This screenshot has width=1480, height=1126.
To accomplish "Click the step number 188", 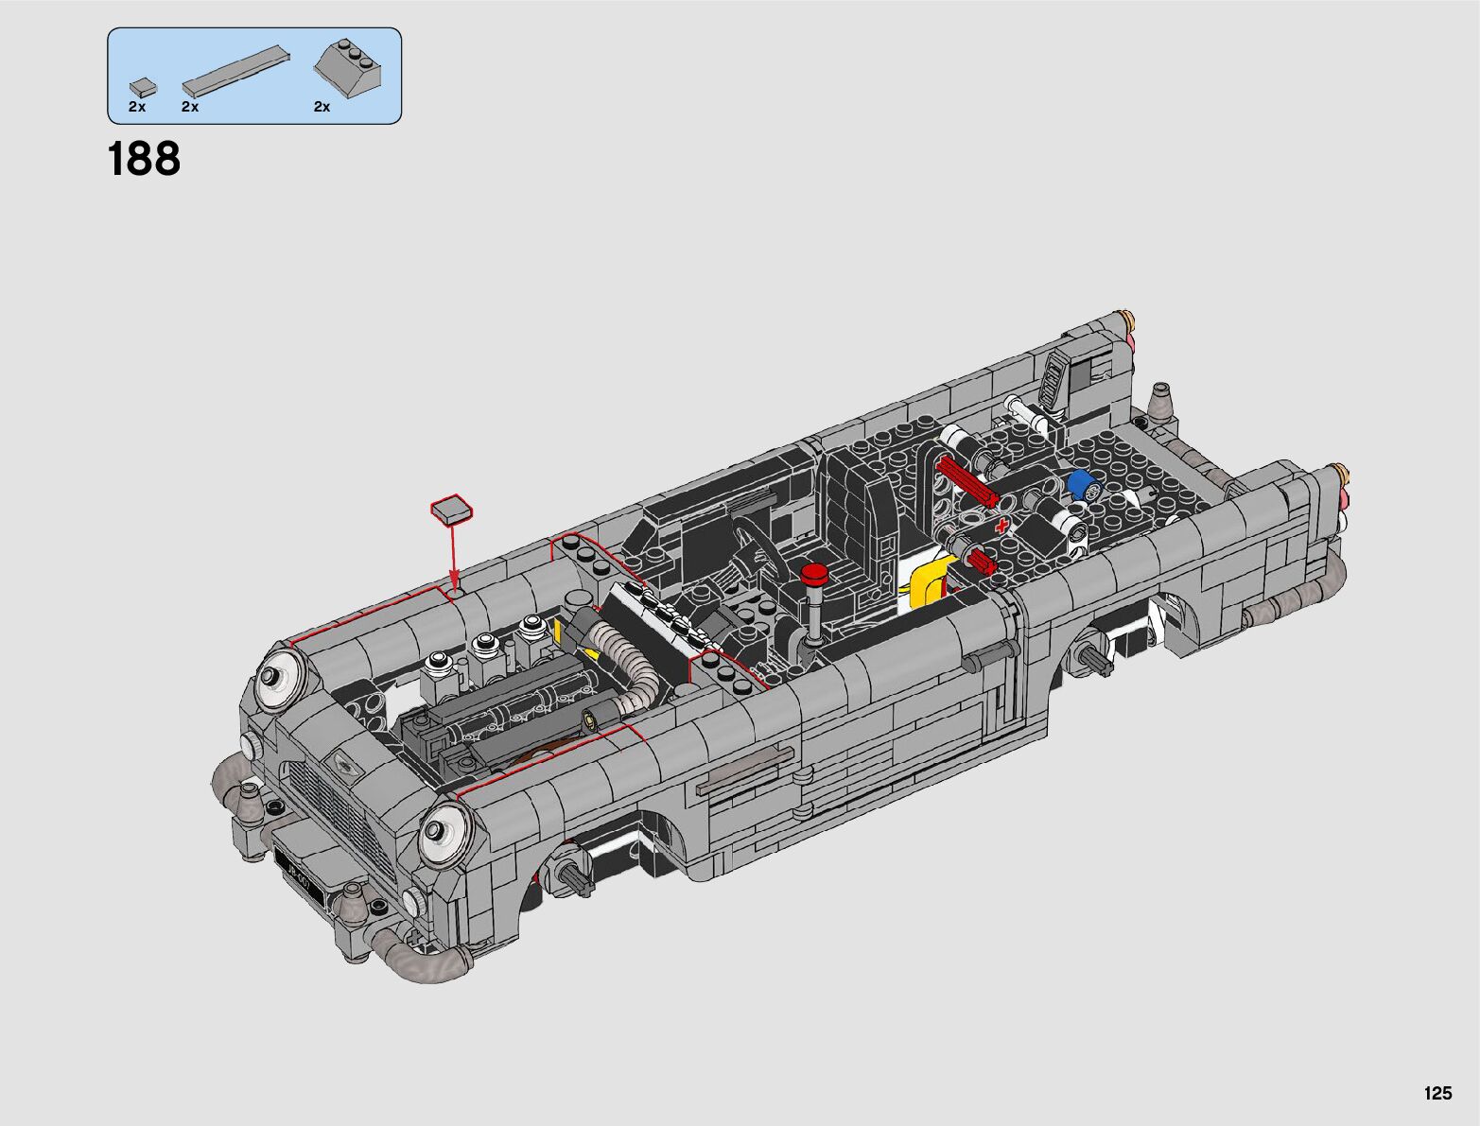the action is (144, 159).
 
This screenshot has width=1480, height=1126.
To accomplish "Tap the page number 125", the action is (1437, 1093).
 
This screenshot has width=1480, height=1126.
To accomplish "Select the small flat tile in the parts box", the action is (143, 87).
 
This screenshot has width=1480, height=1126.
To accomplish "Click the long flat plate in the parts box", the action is (236, 69).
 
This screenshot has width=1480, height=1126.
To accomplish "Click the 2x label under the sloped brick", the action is (322, 107).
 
